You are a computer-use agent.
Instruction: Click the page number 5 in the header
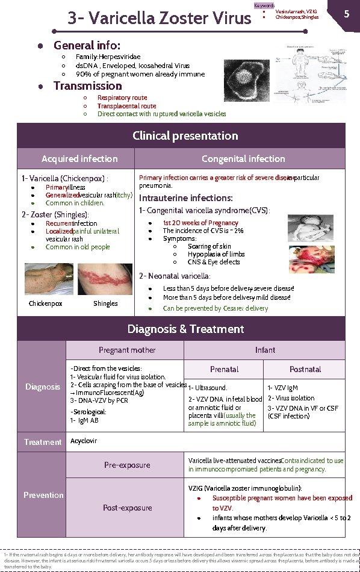click(x=346, y=13)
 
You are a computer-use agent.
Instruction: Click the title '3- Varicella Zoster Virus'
click(x=159, y=18)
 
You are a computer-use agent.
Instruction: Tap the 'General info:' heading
click(x=87, y=46)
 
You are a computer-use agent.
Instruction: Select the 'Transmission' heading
click(x=87, y=86)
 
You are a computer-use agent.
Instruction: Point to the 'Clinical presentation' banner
click(x=185, y=135)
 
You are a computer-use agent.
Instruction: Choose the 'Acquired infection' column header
click(x=79, y=159)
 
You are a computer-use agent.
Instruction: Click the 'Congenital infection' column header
click(x=243, y=159)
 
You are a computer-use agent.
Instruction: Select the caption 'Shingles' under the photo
click(x=105, y=303)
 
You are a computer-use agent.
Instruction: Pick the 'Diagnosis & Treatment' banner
click(x=185, y=329)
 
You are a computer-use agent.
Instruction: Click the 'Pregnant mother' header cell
click(x=127, y=350)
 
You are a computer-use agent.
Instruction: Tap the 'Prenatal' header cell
click(x=224, y=369)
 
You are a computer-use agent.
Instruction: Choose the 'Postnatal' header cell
click(x=305, y=369)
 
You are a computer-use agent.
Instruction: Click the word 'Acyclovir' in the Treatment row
click(x=84, y=441)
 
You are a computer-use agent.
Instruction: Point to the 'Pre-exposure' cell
click(x=127, y=464)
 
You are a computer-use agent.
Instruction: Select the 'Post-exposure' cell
click(x=127, y=508)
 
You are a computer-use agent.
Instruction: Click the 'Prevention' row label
click(x=43, y=495)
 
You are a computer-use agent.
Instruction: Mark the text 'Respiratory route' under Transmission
click(x=122, y=98)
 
